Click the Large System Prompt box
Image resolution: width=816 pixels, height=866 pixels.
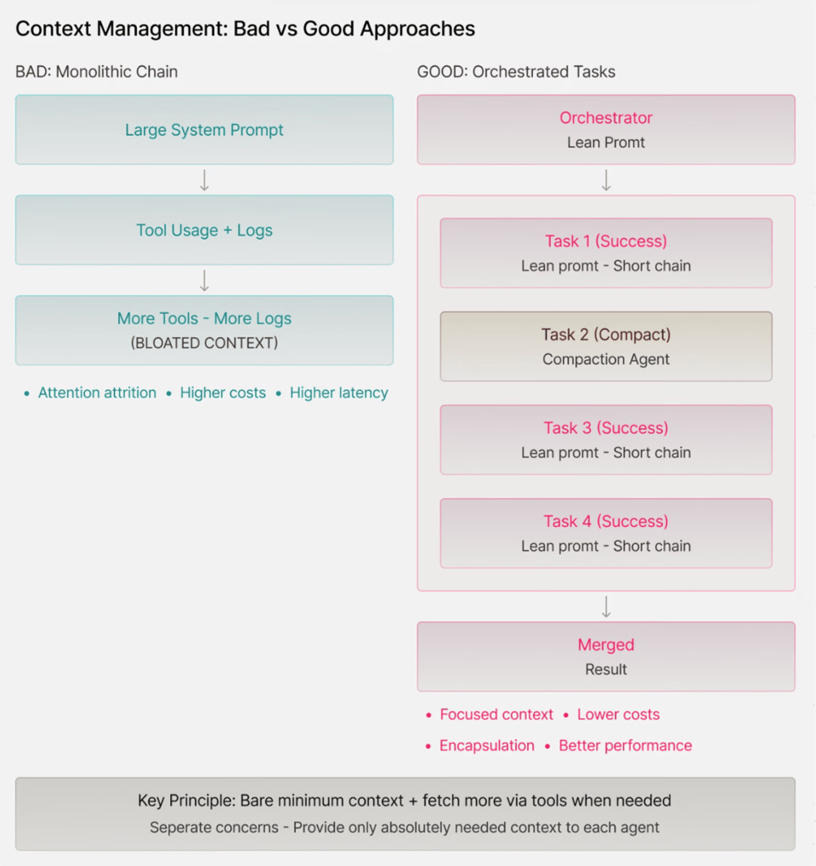point(204,130)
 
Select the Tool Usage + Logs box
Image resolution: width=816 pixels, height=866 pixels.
point(204,230)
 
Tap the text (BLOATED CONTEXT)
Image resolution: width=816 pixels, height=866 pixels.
point(204,343)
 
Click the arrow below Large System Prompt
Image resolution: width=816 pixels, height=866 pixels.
point(204,180)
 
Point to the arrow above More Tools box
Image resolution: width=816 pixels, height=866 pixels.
point(204,280)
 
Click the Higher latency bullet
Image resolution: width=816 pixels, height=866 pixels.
point(338,393)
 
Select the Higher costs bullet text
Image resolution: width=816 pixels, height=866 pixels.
point(223,393)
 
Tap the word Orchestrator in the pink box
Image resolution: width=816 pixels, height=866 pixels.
point(606,118)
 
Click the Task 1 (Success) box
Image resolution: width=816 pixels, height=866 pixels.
point(606,253)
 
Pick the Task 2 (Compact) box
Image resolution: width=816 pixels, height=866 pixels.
point(606,346)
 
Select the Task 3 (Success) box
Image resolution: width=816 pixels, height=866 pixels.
point(606,439)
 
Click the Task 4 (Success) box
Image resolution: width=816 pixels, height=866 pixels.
point(606,533)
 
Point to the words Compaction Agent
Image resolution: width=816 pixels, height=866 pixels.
point(606,359)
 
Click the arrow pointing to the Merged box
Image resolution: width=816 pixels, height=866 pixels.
point(606,607)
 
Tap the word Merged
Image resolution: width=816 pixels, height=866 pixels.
point(606,645)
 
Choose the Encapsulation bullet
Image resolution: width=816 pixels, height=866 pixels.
point(486,745)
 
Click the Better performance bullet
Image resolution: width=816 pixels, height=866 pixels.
point(625,745)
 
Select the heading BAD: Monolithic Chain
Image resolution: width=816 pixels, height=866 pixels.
point(97,71)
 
